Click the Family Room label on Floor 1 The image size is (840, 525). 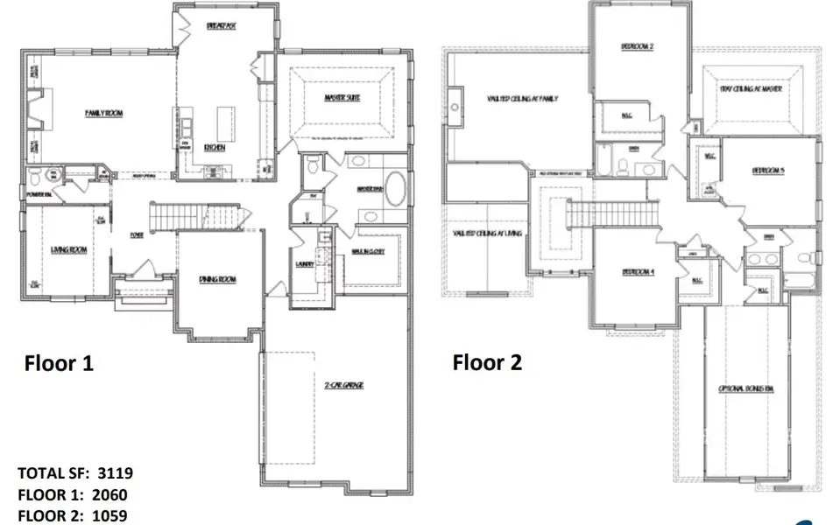point(103,113)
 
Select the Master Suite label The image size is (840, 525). point(348,98)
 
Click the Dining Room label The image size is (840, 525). point(217,279)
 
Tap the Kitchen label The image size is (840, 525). point(215,148)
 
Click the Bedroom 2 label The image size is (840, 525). point(638,45)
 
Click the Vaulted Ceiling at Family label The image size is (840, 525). point(523,99)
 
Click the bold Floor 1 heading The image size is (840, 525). point(58,362)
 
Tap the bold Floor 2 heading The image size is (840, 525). point(487,362)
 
